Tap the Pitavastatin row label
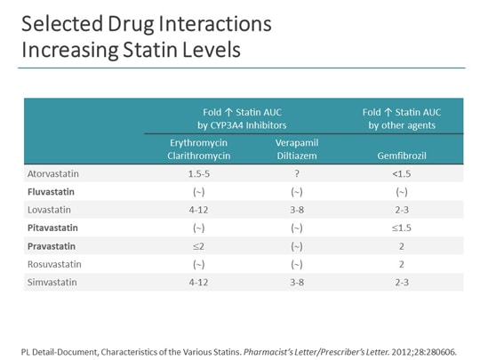pos(52,227)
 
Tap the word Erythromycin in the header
pos(200,141)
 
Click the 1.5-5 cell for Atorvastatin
pos(200,173)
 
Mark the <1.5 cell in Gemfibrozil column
pos(401,173)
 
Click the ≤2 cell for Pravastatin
pos(200,245)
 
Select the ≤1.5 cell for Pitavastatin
pos(401,227)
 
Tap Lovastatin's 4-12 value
pos(200,209)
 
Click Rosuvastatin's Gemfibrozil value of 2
pos(401,263)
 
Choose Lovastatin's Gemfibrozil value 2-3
pos(401,209)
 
